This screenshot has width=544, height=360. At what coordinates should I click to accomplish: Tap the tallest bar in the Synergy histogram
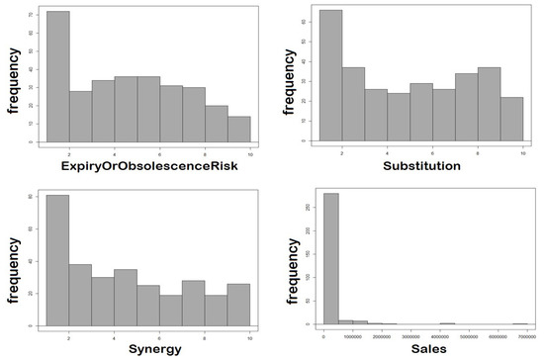click(x=57, y=259)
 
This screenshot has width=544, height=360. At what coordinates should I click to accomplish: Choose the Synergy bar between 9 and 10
click(x=239, y=306)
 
